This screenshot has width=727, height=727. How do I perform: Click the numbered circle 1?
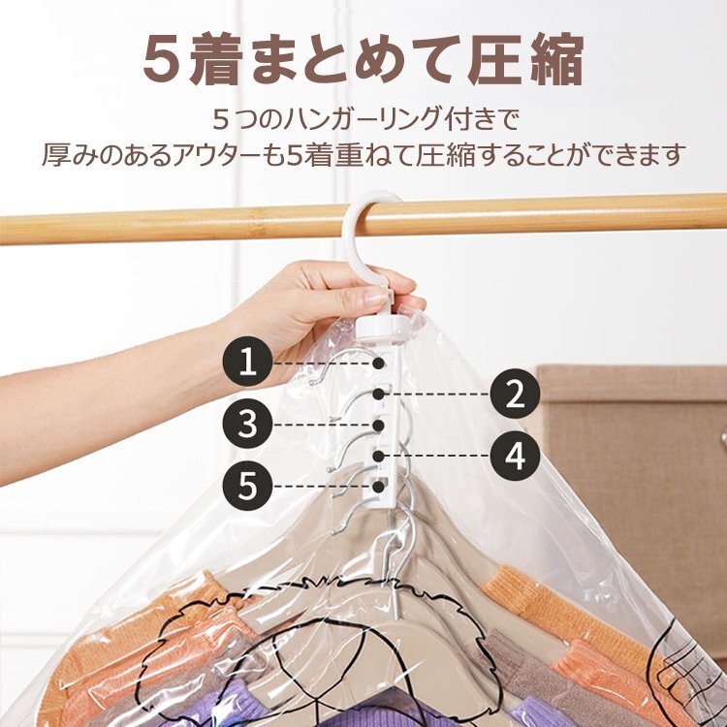pyautogui.click(x=247, y=362)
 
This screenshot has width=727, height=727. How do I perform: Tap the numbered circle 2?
pyautogui.click(x=515, y=394)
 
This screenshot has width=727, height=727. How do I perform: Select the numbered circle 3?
pyautogui.click(x=247, y=424)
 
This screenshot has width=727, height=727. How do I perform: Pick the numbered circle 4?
pyautogui.click(x=515, y=456)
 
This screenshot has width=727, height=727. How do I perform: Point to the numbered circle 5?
pyautogui.click(x=247, y=486)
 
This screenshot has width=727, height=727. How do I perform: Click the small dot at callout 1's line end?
pyautogui.click(x=379, y=363)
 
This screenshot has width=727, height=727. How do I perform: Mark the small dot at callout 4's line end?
pyautogui.click(x=379, y=456)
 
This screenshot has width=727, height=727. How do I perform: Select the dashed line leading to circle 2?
pyautogui.click(x=437, y=395)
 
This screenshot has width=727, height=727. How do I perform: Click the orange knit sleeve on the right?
pyautogui.click(x=528, y=598)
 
